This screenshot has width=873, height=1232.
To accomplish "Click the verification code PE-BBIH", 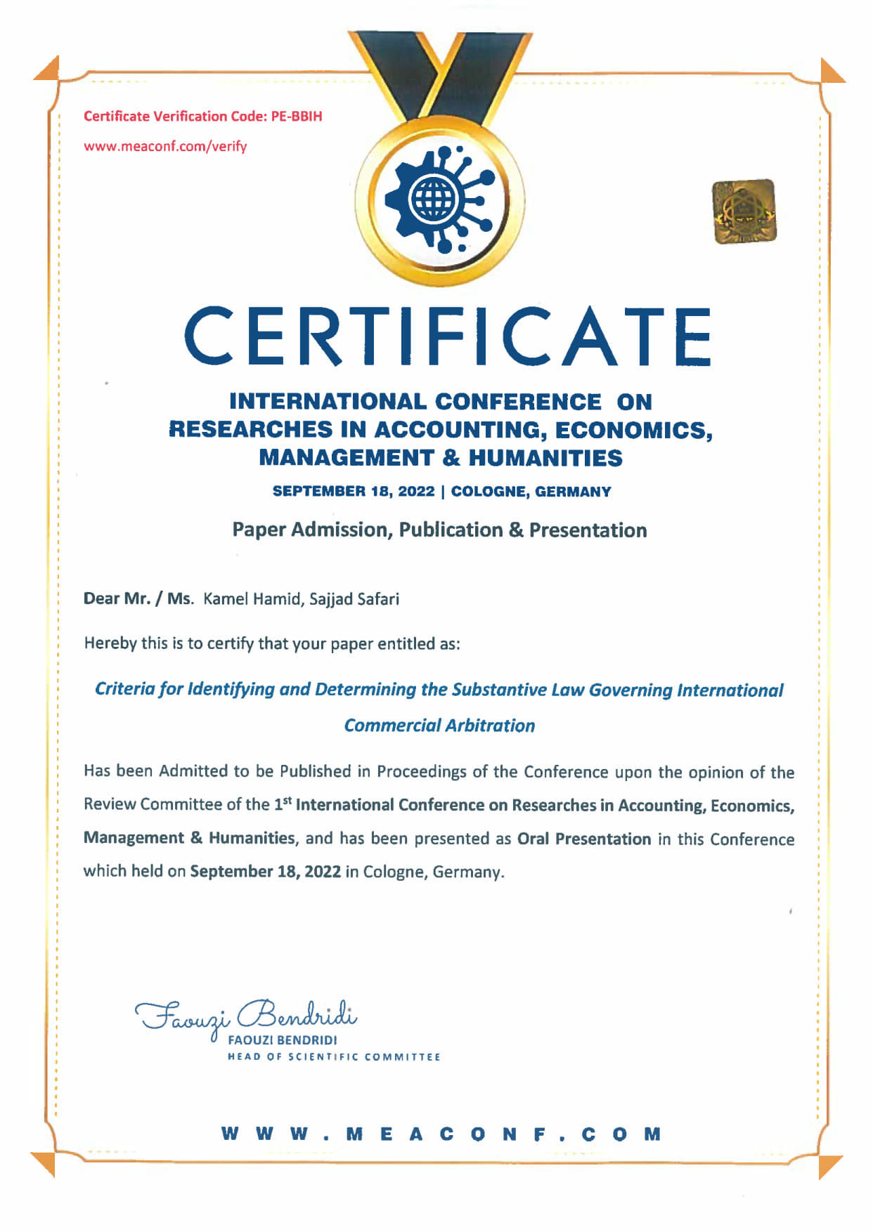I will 297,117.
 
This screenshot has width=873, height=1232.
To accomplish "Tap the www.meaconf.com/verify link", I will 165,147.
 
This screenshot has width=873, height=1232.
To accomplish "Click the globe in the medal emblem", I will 432,198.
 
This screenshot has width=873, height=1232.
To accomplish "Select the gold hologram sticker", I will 744,211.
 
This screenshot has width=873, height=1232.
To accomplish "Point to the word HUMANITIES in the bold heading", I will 545,458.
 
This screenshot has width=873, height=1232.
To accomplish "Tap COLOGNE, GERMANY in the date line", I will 531,492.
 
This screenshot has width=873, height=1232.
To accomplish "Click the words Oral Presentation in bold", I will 584,839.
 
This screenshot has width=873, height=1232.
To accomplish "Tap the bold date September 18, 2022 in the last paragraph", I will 265,872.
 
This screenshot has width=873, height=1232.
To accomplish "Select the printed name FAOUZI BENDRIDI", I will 283,1040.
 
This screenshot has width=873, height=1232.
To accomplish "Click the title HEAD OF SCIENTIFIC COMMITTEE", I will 334,1057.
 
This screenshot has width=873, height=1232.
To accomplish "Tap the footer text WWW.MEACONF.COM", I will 441,1134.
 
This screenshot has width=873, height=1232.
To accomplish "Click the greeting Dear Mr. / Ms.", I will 138,599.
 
